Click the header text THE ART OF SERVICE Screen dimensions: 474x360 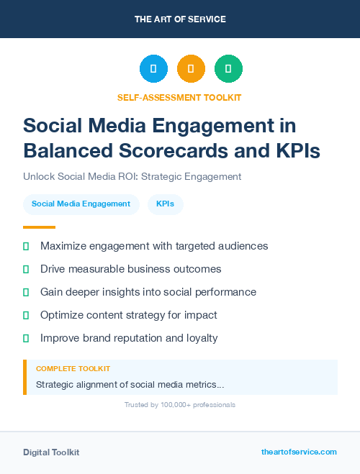tap(180, 19)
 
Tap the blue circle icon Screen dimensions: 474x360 tap(153, 69)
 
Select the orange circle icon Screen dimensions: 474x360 tap(191, 69)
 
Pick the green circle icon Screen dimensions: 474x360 tap(228, 69)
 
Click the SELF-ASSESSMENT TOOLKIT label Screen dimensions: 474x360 tap(179, 97)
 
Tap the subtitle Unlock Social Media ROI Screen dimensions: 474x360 tap(132, 176)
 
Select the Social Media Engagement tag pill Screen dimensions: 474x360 tap(81, 204)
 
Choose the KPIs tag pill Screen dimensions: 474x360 tap(165, 204)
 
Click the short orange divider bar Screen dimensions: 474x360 tap(39, 227)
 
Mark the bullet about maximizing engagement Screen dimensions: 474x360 tap(154, 246)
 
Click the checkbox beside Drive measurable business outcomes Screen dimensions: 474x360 tap(26, 269)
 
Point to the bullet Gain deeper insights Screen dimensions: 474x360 tap(148, 292)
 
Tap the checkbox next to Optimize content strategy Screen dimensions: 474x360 tap(26, 315)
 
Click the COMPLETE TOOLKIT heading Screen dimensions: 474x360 tap(73, 369)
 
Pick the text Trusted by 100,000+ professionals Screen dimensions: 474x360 tap(180, 405)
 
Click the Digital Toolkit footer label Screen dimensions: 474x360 tap(51, 452)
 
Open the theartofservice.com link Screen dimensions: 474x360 tap(299, 452)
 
